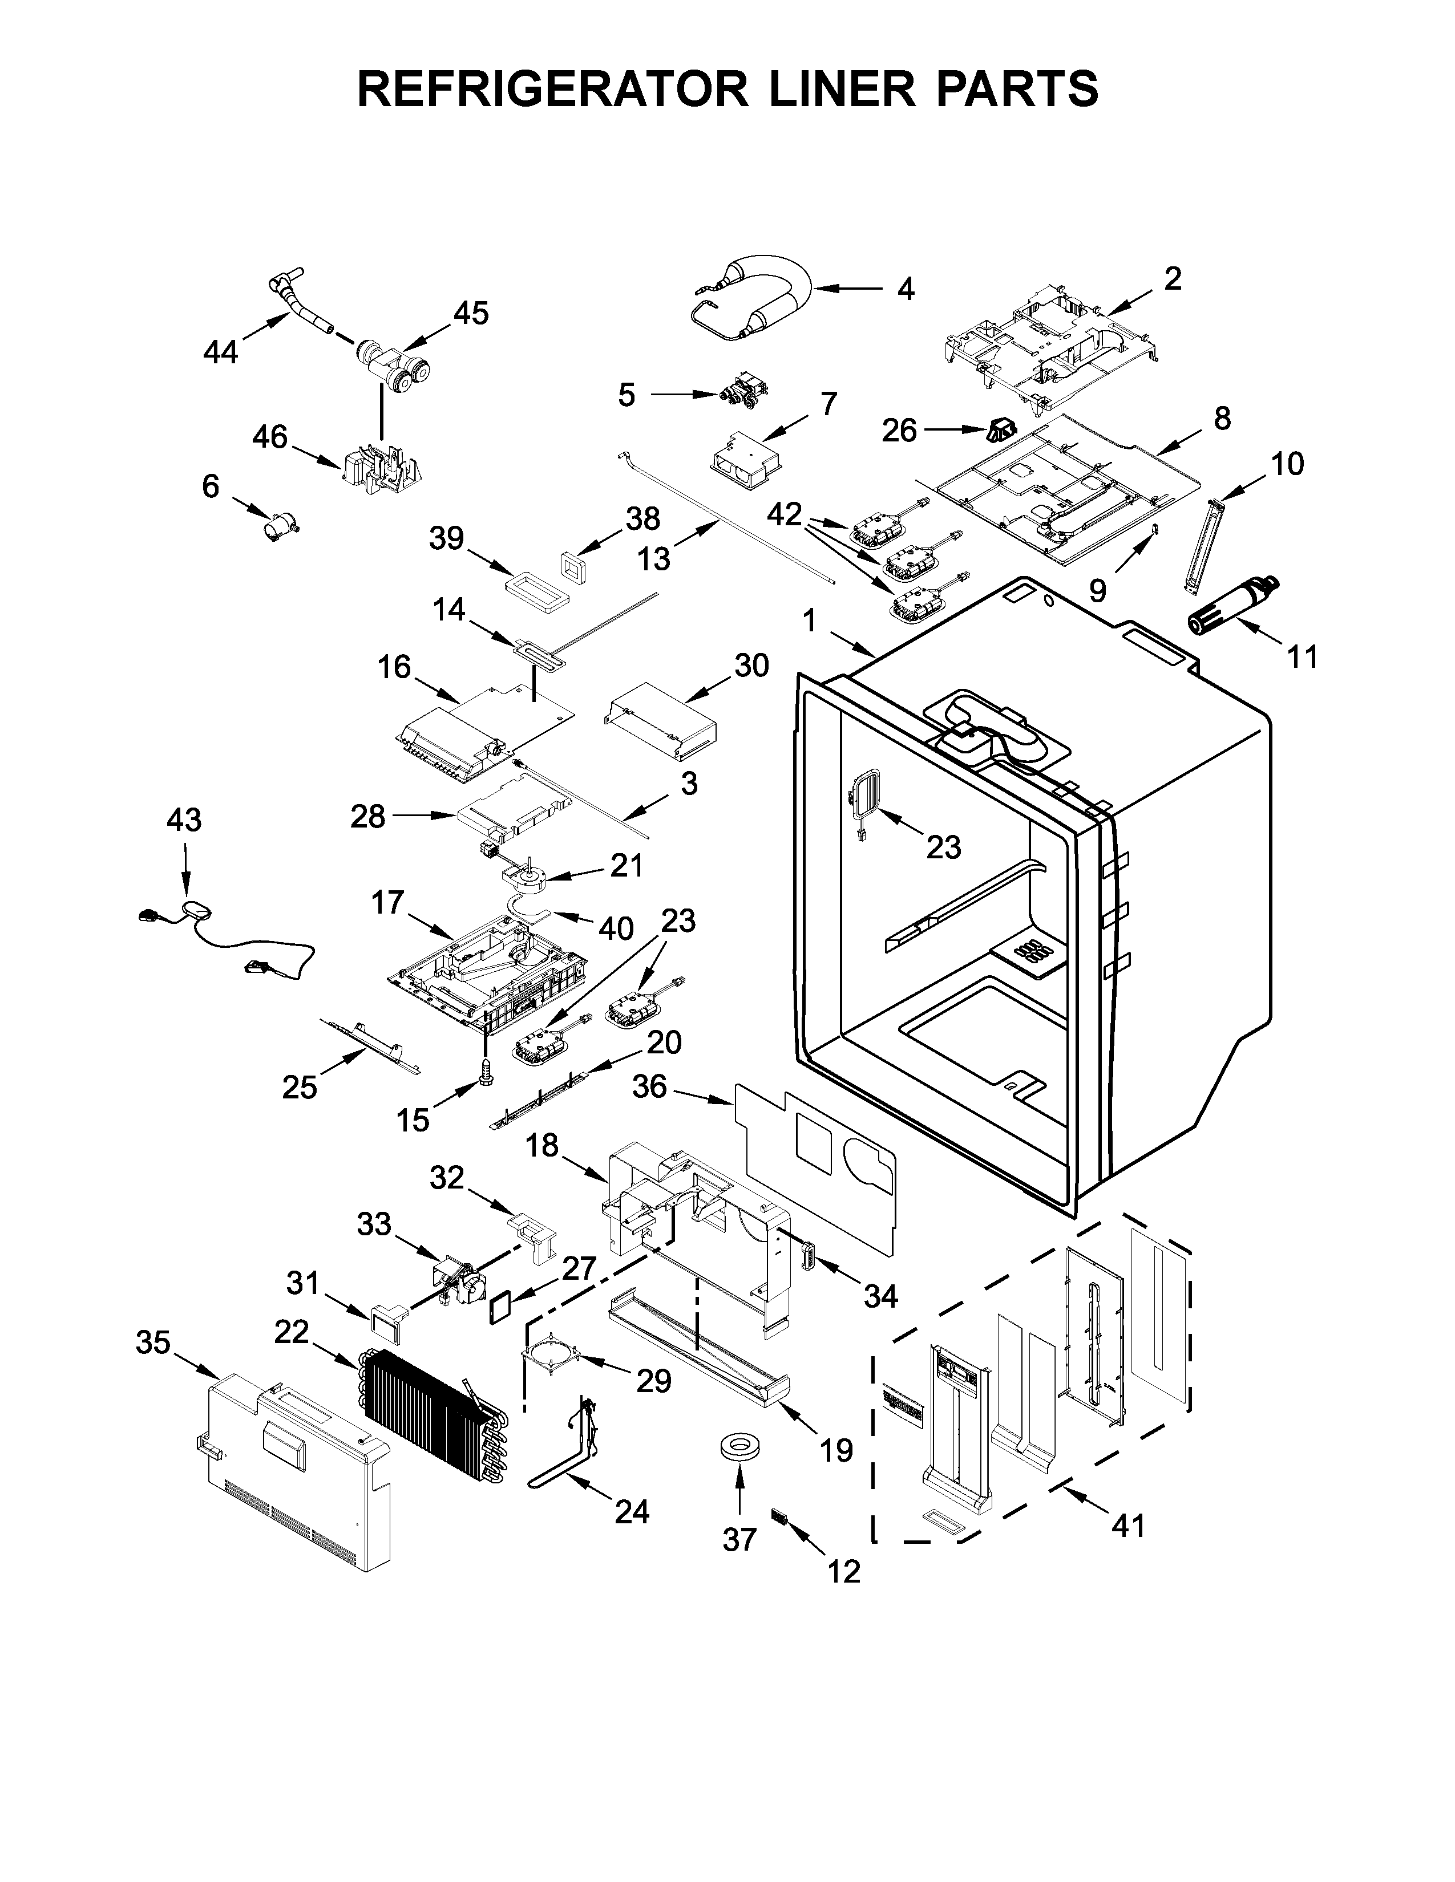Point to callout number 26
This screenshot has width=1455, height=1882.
pyautogui.click(x=899, y=431)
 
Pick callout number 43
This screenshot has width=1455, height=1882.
pyautogui.click(x=184, y=820)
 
